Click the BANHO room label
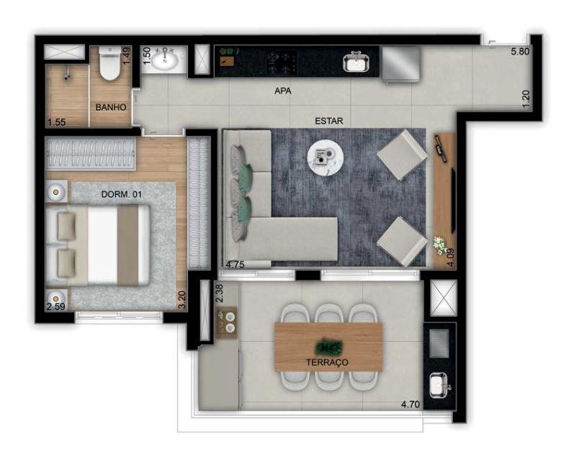pos(111,107)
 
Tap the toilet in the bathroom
pos(110,63)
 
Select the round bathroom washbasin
pos(165,60)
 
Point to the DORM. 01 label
pos(122,194)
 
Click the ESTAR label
pos(329,121)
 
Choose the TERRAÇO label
pos(327,363)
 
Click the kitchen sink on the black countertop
pos(356,62)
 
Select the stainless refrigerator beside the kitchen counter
pos(401,63)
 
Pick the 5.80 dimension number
pos(520,51)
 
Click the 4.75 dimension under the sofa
pos(235,264)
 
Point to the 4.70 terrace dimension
pos(410,404)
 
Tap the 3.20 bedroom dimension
pos(182,300)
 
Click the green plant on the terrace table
pos(328,346)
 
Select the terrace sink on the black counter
pos(438,385)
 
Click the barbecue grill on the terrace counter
pos(439,343)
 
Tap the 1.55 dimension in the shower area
pos(57,122)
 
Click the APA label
pos(283,91)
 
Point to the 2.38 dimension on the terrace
pos(220,294)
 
